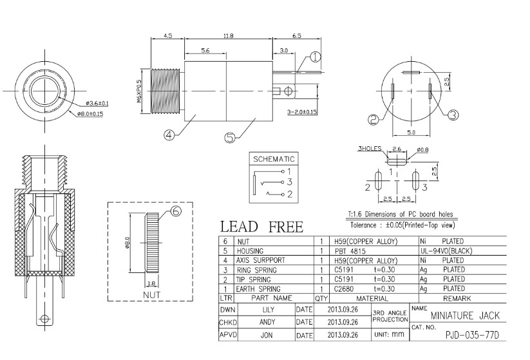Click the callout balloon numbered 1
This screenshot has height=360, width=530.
(315, 57)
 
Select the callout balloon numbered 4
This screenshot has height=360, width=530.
(169, 135)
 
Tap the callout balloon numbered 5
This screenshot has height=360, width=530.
(229, 138)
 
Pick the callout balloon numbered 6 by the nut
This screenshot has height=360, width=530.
(176, 211)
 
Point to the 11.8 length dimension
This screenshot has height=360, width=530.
(229, 35)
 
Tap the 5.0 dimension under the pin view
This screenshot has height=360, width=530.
(411, 133)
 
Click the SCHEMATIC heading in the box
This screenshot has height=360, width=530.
(274, 159)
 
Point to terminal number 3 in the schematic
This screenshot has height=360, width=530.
(289, 182)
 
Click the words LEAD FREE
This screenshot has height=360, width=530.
(262, 227)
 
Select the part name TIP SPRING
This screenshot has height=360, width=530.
(253, 279)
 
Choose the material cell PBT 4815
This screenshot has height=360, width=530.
(350, 251)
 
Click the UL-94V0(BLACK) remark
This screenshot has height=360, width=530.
(446, 251)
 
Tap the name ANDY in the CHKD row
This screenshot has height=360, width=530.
(267, 322)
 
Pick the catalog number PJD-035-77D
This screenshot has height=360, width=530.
(472, 336)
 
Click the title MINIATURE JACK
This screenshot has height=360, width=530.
(465, 316)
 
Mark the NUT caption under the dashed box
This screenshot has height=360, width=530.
(151, 295)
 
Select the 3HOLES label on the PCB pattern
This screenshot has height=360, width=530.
(370, 148)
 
